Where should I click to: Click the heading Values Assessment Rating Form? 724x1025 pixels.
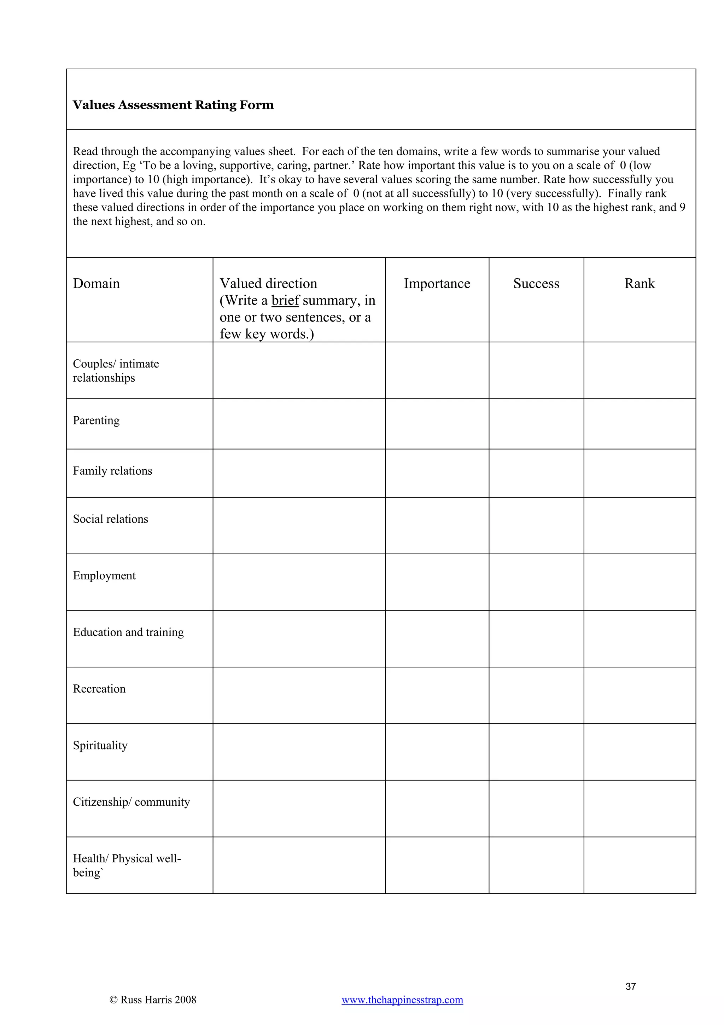173,105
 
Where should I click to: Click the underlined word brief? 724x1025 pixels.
285,300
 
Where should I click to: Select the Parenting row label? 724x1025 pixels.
97,421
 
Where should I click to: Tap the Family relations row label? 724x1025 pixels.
112,471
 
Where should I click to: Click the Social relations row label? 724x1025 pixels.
111,519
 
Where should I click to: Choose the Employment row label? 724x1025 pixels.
104,576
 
